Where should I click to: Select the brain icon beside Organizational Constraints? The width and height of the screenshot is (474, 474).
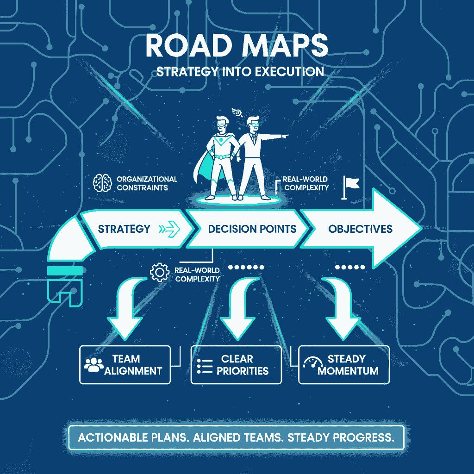pyautogui.click(x=102, y=183)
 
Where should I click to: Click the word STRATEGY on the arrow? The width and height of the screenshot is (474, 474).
pyautogui.click(x=124, y=229)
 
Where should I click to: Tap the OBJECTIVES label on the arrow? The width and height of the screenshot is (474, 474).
pyautogui.click(x=360, y=229)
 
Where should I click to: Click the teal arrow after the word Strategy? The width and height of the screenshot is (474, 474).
pyautogui.click(x=169, y=229)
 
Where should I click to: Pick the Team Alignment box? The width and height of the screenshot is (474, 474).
pyautogui.click(x=125, y=364)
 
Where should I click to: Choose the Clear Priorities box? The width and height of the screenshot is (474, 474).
pyautogui.click(x=236, y=364)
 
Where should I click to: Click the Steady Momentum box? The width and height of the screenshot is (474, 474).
pyautogui.click(x=344, y=364)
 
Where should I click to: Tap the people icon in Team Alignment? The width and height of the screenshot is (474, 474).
pyautogui.click(x=94, y=364)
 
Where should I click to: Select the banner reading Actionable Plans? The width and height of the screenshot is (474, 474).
pyautogui.click(x=236, y=437)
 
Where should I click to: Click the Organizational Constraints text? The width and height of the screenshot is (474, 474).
pyautogui.click(x=147, y=183)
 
